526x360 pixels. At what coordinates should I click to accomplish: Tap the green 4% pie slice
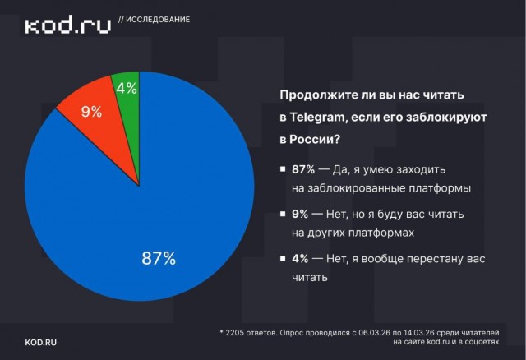point(127,89)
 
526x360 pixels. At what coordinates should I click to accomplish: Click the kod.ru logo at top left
point(67,26)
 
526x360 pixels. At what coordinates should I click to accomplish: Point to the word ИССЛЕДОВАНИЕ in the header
point(159,20)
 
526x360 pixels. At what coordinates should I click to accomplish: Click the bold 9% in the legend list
point(300,214)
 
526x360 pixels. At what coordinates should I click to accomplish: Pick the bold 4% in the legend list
point(300,258)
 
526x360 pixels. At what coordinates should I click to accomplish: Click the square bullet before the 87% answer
point(283,169)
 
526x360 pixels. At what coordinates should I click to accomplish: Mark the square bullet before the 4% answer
point(283,259)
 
